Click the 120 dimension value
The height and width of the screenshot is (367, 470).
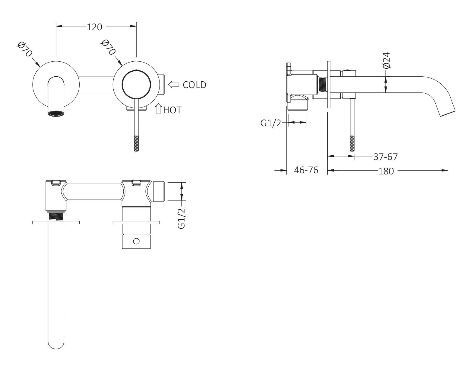click(94, 27)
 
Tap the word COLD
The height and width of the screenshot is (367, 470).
click(194, 85)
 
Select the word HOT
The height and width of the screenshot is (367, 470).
click(172, 110)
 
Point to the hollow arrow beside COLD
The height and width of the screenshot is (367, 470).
click(174, 85)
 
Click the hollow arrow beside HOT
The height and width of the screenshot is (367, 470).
click(159, 109)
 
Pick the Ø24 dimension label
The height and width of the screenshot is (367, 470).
click(387, 60)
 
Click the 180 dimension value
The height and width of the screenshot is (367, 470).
click(386, 171)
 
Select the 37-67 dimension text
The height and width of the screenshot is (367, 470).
click(385, 157)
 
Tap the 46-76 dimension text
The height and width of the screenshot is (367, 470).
click(306, 170)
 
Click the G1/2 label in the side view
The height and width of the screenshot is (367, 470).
click(271, 123)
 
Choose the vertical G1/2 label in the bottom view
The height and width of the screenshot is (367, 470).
click(182, 218)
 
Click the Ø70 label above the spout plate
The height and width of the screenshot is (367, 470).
click(24, 50)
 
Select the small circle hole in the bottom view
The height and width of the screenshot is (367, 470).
click(136, 241)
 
